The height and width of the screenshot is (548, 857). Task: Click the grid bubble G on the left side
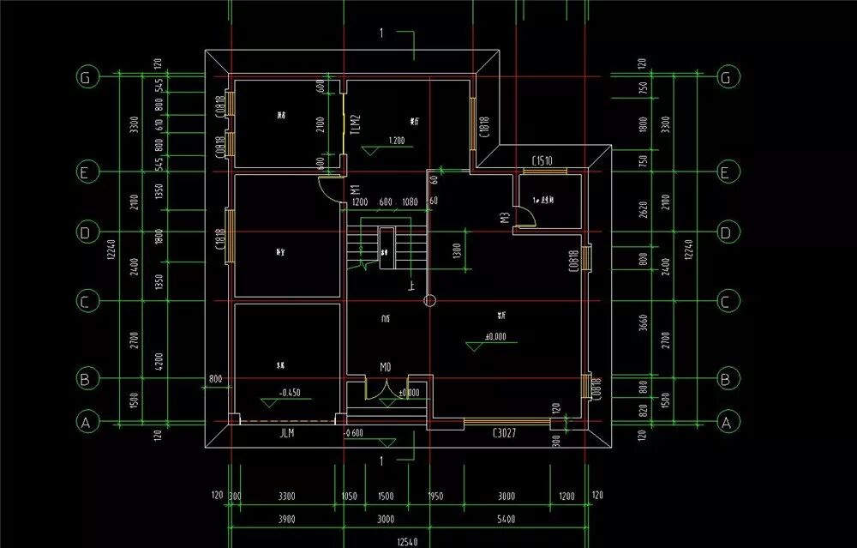(85, 77)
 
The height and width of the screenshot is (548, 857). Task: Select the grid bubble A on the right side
(726, 422)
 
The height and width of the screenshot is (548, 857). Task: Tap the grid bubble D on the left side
(85, 232)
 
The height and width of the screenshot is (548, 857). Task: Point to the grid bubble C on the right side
(726, 302)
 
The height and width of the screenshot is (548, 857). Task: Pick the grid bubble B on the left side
(85, 378)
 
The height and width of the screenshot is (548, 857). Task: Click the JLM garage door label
(286, 434)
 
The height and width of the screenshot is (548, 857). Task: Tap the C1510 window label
(542, 161)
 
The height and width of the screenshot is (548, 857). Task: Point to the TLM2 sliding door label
(357, 127)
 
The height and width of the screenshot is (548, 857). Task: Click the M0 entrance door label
(386, 367)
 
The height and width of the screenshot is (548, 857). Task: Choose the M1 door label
(354, 190)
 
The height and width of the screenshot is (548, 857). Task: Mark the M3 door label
(506, 218)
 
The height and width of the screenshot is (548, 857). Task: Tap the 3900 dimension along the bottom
(286, 520)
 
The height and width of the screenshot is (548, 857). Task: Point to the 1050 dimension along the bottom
(349, 497)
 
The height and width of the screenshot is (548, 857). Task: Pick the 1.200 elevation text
(396, 140)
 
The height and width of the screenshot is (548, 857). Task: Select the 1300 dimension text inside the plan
(456, 252)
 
